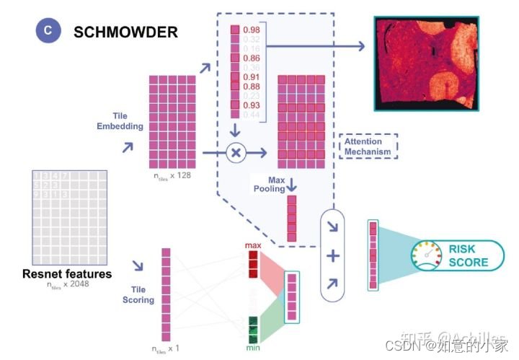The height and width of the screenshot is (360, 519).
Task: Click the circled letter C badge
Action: [x=48, y=32]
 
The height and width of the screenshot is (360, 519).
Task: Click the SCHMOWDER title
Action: [x=125, y=32]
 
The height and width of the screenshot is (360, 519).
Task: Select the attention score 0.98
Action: [x=252, y=30]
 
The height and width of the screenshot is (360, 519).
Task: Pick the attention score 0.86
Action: [x=252, y=57]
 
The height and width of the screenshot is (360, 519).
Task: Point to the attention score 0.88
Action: [x=252, y=87]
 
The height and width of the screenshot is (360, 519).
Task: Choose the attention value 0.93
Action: [x=252, y=105]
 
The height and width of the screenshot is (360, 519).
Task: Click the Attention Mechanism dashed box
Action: [x=367, y=146]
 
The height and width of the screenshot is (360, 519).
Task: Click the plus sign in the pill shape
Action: [x=333, y=255]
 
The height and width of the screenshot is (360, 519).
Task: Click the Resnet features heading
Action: [x=67, y=274]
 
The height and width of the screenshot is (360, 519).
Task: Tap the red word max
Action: [x=253, y=246]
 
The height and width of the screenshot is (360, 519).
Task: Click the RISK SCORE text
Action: [x=468, y=255]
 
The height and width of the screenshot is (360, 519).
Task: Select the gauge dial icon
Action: [x=426, y=255]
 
